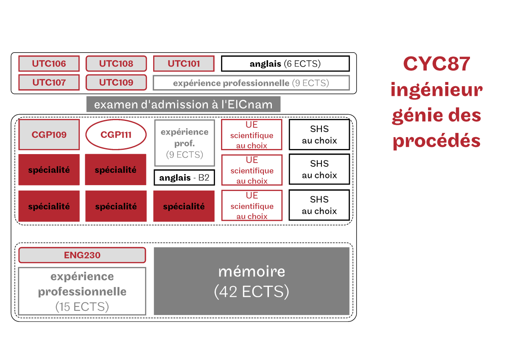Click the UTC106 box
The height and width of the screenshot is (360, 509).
click(49, 63)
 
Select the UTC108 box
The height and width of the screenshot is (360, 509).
click(116, 63)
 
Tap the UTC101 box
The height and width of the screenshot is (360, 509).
click(184, 63)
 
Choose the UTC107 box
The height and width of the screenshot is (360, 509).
click(49, 82)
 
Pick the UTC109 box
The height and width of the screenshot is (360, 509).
click(116, 82)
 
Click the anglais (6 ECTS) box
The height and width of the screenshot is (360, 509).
click(285, 64)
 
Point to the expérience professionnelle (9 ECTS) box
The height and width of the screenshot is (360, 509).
click(251, 83)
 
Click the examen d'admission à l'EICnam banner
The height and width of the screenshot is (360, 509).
click(183, 104)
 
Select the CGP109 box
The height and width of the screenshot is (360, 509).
click(49, 135)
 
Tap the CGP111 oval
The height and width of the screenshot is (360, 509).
click(116, 135)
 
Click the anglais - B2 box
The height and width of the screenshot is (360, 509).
click(184, 177)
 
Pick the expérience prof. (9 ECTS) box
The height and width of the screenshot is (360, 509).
click(185, 143)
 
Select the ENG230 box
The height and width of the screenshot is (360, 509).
click(82, 255)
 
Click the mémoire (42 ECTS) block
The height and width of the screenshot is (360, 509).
click(252, 281)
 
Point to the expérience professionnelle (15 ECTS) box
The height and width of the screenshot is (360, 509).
click(82, 291)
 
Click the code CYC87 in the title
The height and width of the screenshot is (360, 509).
click(436, 64)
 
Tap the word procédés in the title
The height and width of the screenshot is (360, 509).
click(436, 141)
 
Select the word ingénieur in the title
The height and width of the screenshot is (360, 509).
click(436, 90)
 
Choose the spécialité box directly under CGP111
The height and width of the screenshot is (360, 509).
click(116, 170)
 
